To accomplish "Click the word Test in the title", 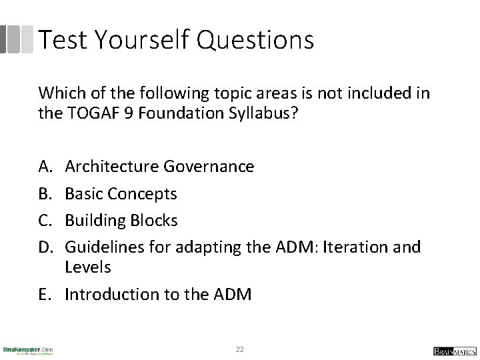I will pos(63,40).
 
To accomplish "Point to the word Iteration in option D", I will pos(355,247).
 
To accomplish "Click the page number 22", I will pos(240,349).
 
